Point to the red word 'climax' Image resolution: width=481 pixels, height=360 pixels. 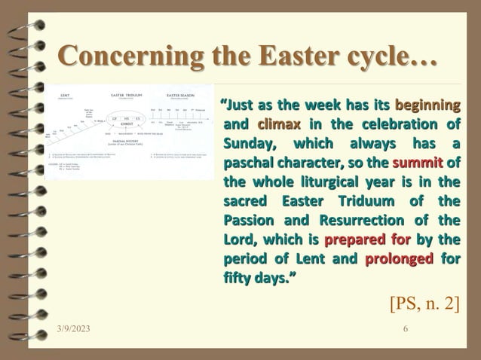[278, 124]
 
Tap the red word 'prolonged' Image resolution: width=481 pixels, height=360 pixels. [399, 261]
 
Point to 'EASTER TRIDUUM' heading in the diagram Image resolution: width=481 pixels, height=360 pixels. [128, 96]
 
